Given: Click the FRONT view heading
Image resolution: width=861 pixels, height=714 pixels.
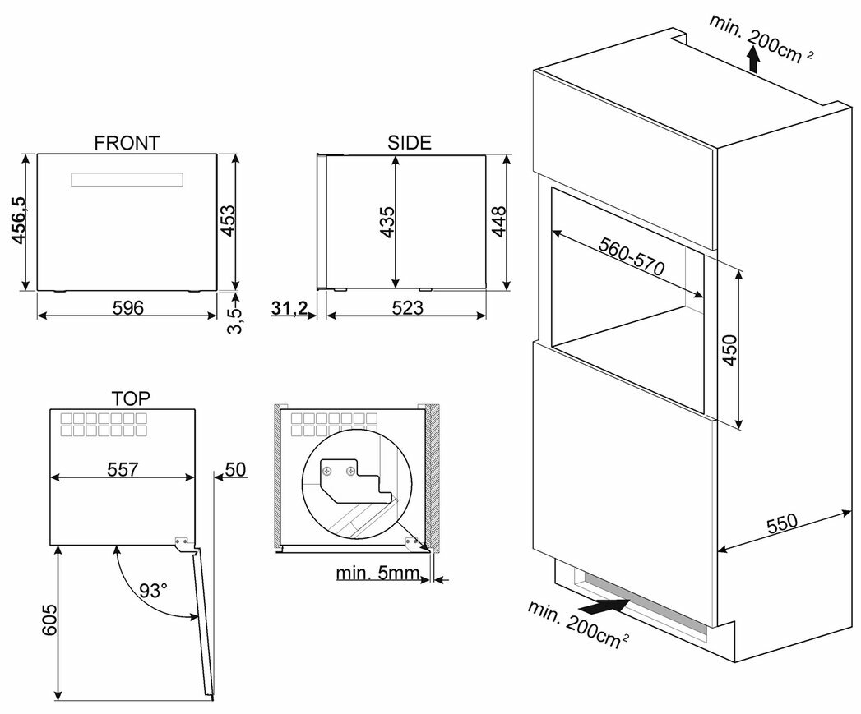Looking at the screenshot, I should tap(127, 143).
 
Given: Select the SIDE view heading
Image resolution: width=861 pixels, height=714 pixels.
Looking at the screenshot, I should tap(409, 143).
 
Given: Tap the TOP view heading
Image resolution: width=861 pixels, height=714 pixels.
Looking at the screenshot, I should tap(130, 399).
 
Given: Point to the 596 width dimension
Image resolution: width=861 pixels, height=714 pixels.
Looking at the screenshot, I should tap(127, 308).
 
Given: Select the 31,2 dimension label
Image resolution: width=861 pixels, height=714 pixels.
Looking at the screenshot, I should tap(289, 308).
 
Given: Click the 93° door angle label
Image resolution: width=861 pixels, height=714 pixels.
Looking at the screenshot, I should tap(153, 590).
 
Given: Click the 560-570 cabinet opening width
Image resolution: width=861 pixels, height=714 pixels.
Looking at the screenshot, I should tap(632, 260).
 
